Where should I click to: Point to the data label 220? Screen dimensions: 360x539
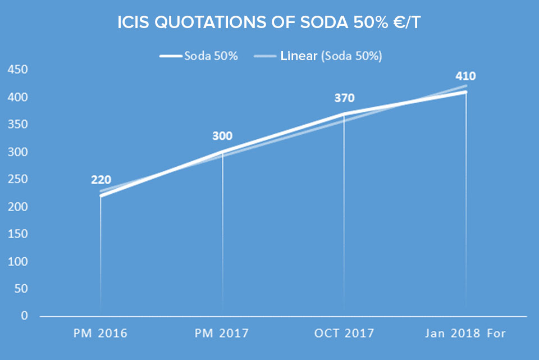[101, 180]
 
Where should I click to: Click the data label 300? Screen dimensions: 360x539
[223, 136]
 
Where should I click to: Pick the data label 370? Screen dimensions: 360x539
[344, 98]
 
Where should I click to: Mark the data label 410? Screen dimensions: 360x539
[466, 76]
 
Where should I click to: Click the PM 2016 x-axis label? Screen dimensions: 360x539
[101, 333]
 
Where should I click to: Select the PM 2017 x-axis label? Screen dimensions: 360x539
[223, 333]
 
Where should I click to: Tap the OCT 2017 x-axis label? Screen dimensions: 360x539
[344, 333]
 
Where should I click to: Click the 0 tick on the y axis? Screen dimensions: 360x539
[24, 316]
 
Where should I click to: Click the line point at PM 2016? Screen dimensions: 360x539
[101, 196]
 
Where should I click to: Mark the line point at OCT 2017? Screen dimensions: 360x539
[344, 114]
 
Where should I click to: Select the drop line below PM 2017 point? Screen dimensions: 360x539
[223, 236]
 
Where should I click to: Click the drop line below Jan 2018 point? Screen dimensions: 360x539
[466, 202]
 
